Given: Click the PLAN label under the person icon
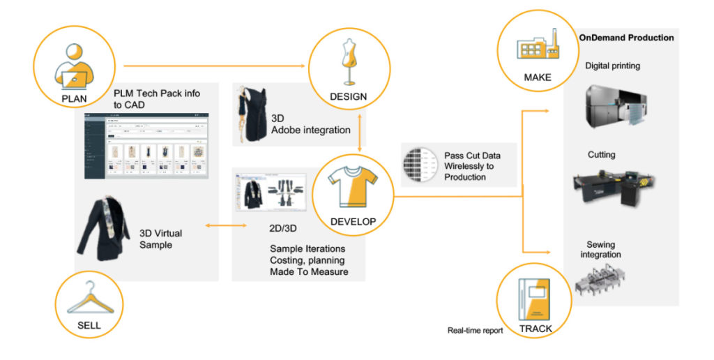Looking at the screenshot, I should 75,98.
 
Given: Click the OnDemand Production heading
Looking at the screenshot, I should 626,38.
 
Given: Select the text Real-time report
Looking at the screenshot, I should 475,331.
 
